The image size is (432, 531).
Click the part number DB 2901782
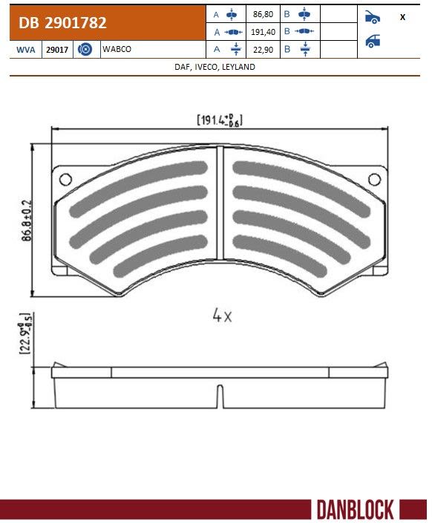coord(62,23)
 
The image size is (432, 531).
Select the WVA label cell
coord(26,50)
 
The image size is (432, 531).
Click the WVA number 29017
coord(57,50)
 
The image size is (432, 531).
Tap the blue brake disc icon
coord(85,50)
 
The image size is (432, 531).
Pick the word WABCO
coord(117,49)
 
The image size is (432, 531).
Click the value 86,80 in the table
coord(263,14)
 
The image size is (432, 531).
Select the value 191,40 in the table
coord(263,32)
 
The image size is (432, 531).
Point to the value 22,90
coord(263,50)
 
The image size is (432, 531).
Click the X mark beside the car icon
coord(402,17)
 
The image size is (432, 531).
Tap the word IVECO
coord(206,67)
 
